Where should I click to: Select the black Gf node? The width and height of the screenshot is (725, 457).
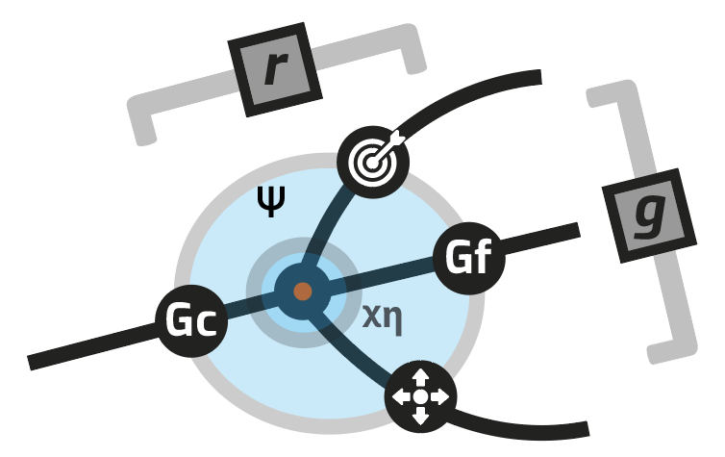point(468,257)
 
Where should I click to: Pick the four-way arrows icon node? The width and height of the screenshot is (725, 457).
point(420,395)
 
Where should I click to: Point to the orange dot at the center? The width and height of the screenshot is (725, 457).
point(302,291)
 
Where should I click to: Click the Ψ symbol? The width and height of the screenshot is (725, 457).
point(272,202)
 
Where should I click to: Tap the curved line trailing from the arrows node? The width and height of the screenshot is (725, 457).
point(519,422)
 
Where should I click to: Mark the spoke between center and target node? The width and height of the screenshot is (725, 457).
point(332,227)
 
